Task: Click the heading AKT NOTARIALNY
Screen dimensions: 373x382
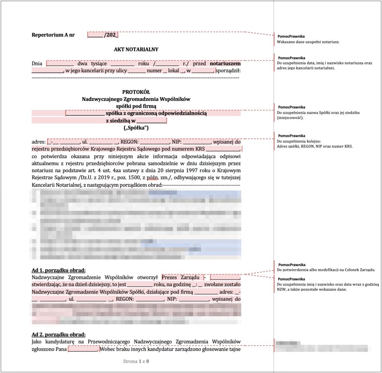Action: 136,49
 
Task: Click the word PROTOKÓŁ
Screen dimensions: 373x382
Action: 136,92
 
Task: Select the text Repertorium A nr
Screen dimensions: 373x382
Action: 53,35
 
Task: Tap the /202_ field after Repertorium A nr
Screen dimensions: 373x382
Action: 103,35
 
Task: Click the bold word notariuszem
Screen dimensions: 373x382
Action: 225,63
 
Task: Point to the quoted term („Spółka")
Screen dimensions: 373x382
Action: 136,128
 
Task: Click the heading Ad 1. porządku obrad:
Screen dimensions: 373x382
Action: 59,270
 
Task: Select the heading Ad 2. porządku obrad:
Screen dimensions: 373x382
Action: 59,334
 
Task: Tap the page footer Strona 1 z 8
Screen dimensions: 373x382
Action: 136,361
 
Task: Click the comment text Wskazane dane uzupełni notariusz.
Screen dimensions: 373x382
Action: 308,42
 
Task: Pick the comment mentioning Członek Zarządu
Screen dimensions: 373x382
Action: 326,269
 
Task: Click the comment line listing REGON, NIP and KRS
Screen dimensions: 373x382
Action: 314,146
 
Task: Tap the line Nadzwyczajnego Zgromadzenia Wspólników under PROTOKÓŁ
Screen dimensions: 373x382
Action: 136,99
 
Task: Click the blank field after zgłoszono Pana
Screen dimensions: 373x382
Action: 82,349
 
